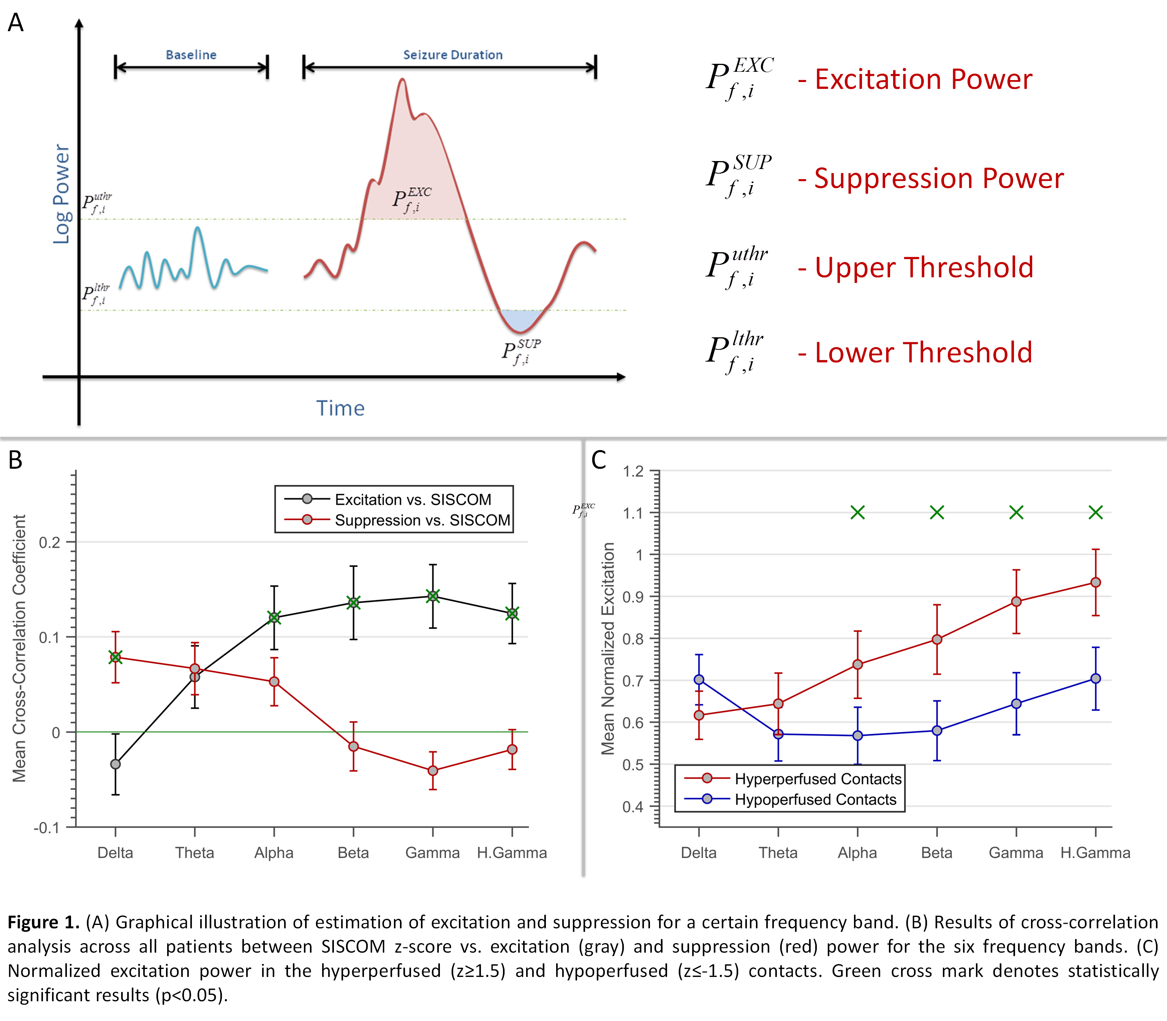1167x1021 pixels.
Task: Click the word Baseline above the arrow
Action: pyautogui.click(x=191, y=55)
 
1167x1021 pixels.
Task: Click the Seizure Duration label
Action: pyautogui.click(x=452, y=55)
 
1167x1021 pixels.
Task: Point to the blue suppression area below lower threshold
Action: pyautogui.click(x=521, y=319)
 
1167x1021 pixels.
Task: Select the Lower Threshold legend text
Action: pyautogui.click(x=923, y=352)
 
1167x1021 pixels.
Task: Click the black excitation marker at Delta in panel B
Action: pyautogui.click(x=115, y=764)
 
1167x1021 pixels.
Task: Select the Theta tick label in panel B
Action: pyautogui.click(x=194, y=853)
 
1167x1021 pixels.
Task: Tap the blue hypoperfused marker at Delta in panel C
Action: pyautogui.click(x=699, y=680)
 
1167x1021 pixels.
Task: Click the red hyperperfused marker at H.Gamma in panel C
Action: pyautogui.click(x=1096, y=582)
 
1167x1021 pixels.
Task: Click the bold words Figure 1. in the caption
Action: pyautogui.click(x=43, y=922)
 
